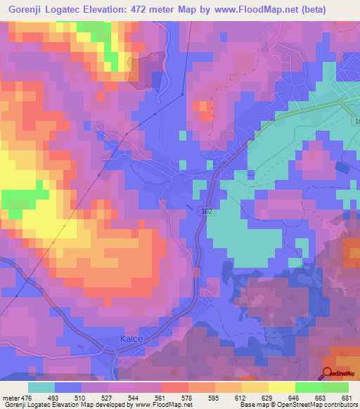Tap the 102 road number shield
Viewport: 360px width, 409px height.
205,210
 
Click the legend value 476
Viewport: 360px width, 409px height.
27,398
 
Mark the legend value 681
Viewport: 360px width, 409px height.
347,398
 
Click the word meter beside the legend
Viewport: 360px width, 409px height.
10,398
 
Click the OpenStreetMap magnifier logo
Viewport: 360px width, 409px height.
328,373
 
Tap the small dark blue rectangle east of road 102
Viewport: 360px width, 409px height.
342,167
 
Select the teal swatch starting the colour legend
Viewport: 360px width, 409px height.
41,387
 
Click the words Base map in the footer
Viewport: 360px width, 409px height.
253,405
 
